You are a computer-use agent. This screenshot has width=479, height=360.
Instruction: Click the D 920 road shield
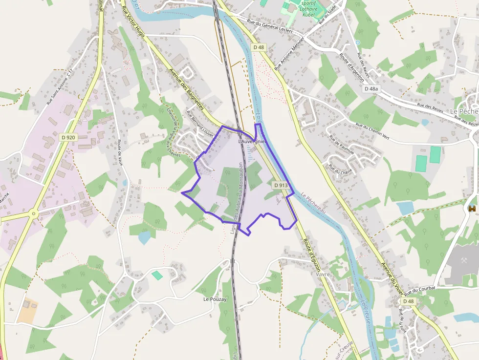coord(68,137)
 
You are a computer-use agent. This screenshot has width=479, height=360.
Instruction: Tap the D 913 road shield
coord(281,185)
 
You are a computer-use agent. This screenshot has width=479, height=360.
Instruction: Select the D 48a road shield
coord(371,89)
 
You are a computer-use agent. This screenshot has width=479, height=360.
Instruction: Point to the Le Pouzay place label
coord(215,298)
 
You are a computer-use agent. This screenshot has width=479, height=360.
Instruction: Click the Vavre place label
coord(323,275)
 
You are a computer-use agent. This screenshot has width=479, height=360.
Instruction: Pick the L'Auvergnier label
coord(251,141)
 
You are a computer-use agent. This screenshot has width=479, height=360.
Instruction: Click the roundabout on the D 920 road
coord(33,213)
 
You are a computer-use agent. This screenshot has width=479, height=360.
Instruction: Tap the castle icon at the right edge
coord(472,209)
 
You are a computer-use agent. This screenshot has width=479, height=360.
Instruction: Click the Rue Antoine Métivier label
coord(289,53)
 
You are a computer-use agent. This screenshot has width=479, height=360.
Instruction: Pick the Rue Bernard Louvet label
coord(200,121)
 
